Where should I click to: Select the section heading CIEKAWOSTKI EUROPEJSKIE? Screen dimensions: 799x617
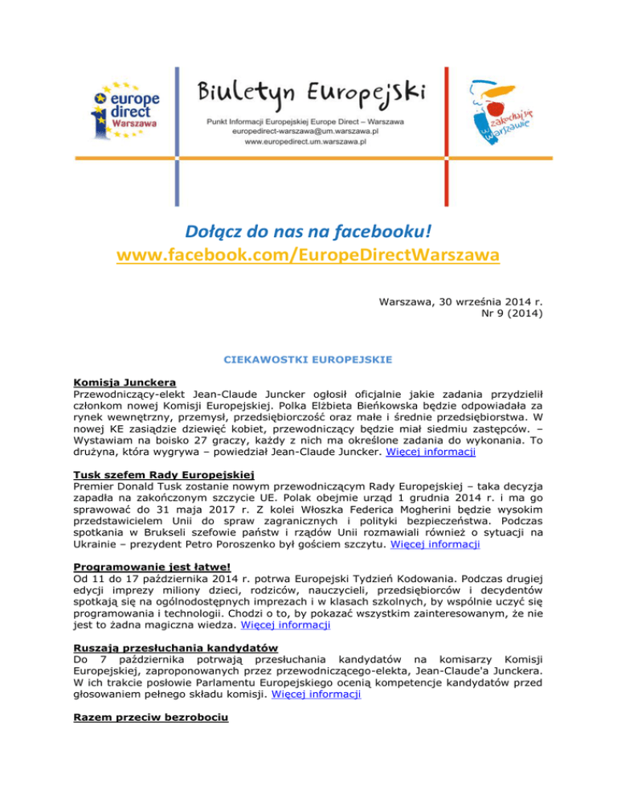click(x=309, y=361)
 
